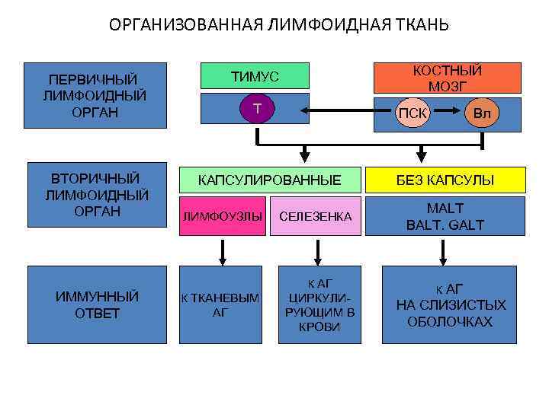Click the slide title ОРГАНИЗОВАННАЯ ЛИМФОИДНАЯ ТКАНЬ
[x=279, y=25]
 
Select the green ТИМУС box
[x=255, y=76]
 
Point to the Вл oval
[x=482, y=113]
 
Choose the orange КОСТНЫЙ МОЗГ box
[x=447, y=78]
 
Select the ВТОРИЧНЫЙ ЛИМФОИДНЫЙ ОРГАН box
[x=97, y=196]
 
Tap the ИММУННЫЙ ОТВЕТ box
[x=97, y=304]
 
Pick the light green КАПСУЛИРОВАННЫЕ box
[x=269, y=180]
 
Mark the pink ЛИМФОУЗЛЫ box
[x=222, y=217]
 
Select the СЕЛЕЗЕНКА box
[x=316, y=217]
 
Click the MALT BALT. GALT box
[x=445, y=217]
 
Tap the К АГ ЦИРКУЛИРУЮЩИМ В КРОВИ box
[x=319, y=304]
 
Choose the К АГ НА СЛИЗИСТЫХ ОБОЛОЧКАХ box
[x=450, y=304]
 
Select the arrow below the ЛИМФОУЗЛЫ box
[x=222, y=250]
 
